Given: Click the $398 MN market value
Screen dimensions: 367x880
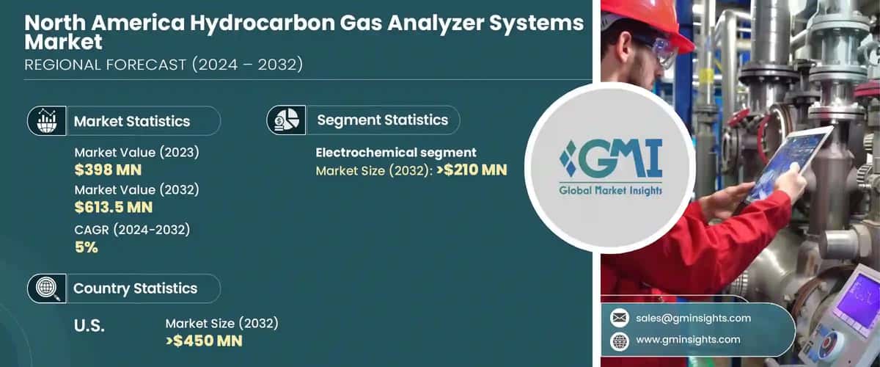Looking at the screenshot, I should pyautogui.click(x=108, y=170).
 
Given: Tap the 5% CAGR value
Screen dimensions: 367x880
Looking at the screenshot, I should pyautogui.click(x=86, y=247).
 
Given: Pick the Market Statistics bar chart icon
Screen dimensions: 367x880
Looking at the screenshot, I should pyautogui.click(x=46, y=120).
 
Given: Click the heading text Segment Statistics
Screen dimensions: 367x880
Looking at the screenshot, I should pyautogui.click(x=382, y=120).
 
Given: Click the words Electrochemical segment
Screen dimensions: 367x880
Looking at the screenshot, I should pyautogui.click(x=396, y=153).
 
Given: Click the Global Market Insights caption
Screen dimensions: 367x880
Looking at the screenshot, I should pyautogui.click(x=609, y=191).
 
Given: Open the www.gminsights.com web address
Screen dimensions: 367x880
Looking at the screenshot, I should pyautogui.click(x=689, y=340).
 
